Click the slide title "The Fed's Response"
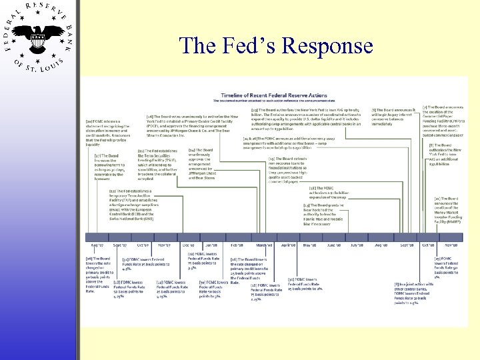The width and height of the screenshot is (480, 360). coord(276,45)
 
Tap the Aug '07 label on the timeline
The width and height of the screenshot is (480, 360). coord(97,245)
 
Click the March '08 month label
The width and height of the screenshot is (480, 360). coord(264,245)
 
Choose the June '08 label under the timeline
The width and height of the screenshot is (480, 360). coord(333,245)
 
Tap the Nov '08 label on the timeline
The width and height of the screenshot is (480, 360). coord(450,245)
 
